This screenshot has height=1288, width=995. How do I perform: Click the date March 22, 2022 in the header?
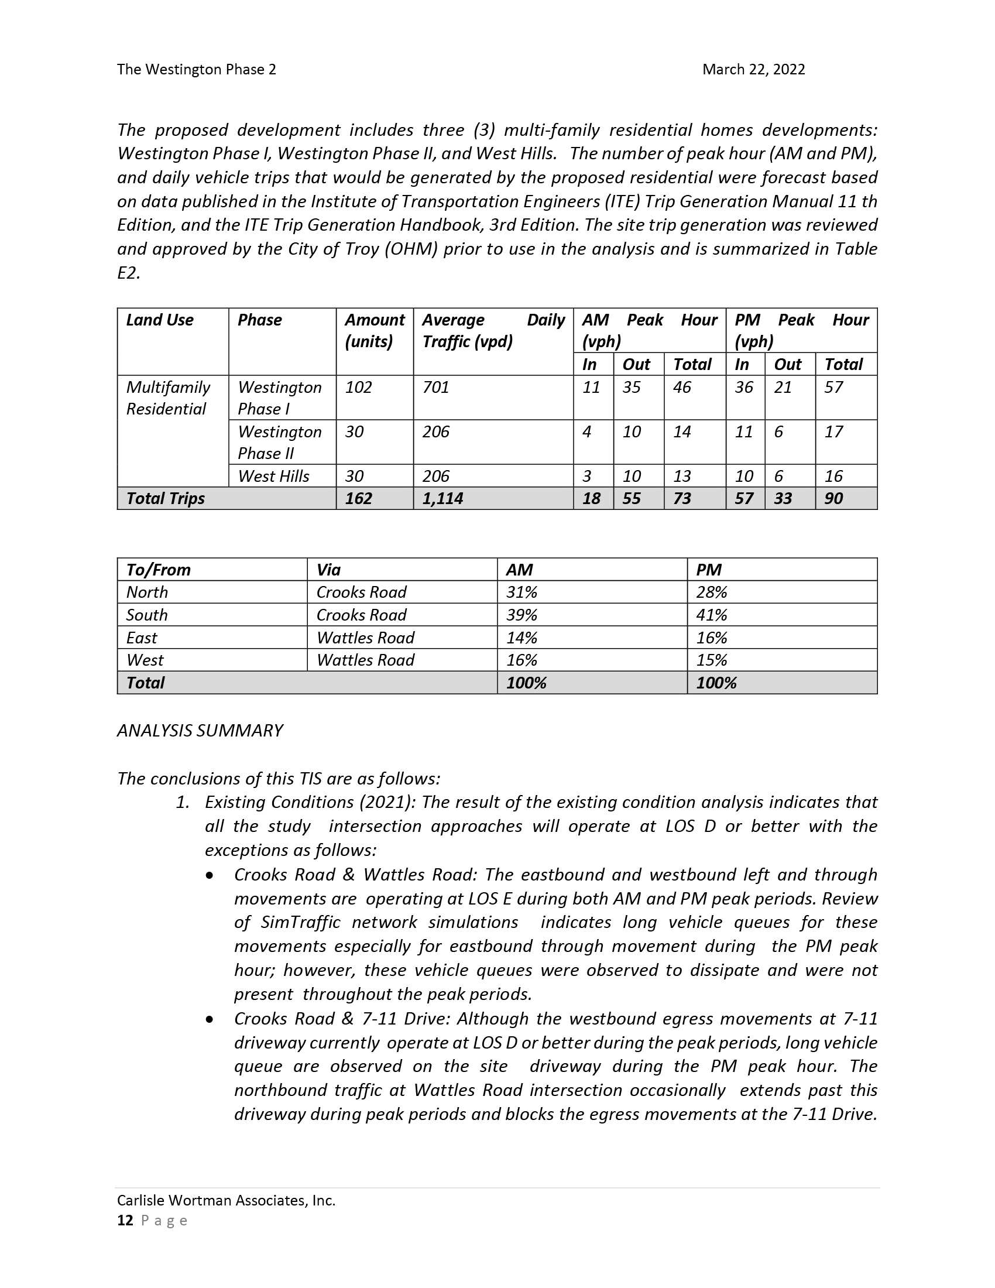[753, 70]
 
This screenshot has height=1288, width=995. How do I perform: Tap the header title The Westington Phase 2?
[196, 70]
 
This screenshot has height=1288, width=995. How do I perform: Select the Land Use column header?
[160, 320]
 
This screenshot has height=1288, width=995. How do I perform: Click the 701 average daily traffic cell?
[435, 388]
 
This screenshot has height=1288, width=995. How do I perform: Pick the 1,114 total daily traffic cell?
[442, 498]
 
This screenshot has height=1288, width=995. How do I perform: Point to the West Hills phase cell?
[273, 476]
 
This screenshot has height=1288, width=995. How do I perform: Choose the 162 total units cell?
[358, 498]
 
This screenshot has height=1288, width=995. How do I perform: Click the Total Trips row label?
[166, 498]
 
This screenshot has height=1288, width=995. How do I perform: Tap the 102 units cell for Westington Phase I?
[358, 388]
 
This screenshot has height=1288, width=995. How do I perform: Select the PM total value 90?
[833, 498]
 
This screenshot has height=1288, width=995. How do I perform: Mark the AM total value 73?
[682, 498]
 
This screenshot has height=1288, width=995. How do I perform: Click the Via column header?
[328, 570]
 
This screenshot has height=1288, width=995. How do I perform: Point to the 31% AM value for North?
[521, 592]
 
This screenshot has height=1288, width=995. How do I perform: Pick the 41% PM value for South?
[712, 615]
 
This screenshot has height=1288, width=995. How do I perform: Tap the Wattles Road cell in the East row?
[365, 638]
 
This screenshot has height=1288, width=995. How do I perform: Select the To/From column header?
[159, 570]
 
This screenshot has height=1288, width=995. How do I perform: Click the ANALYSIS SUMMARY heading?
[200, 731]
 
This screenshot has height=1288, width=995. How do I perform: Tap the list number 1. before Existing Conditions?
[183, 802]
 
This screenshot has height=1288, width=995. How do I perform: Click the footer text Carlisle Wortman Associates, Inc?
[227, 1200]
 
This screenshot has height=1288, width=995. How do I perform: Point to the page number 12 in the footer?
[125, 1220]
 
